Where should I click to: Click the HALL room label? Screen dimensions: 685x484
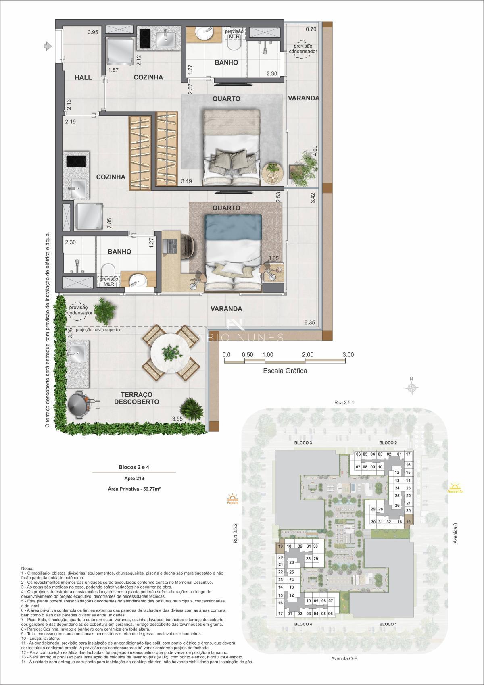tap(83, 77)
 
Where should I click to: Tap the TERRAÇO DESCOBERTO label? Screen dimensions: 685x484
tap(136, 398)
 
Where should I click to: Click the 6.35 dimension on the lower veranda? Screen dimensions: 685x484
tap(309, 322)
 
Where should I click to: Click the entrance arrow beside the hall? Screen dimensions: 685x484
tap(48, 46)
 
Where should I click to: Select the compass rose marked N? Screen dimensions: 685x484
tap(411, 387)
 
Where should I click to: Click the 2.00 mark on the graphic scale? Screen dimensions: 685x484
tap(307, 355)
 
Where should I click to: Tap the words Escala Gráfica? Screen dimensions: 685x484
tap(285, 371)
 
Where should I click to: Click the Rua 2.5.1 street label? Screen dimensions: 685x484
tap(344, 402)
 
